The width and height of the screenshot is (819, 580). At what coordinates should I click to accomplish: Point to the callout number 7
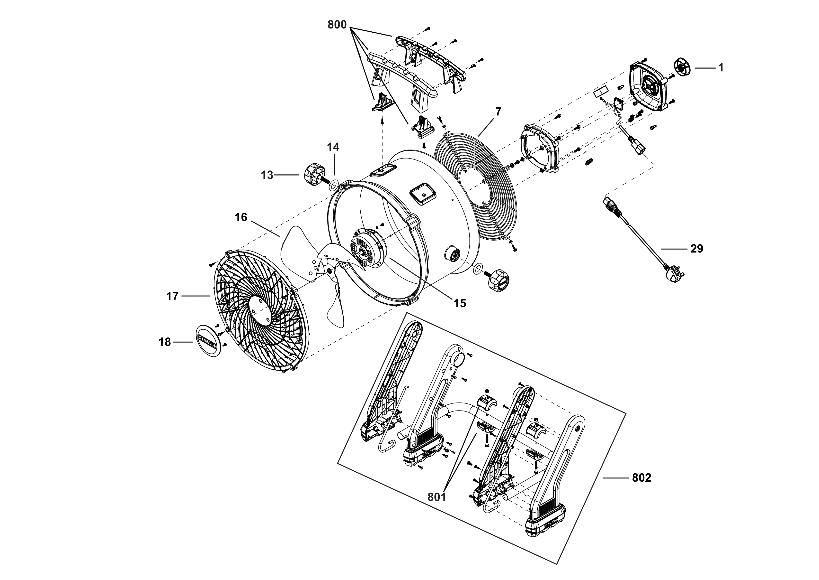(x=498, y=112)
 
